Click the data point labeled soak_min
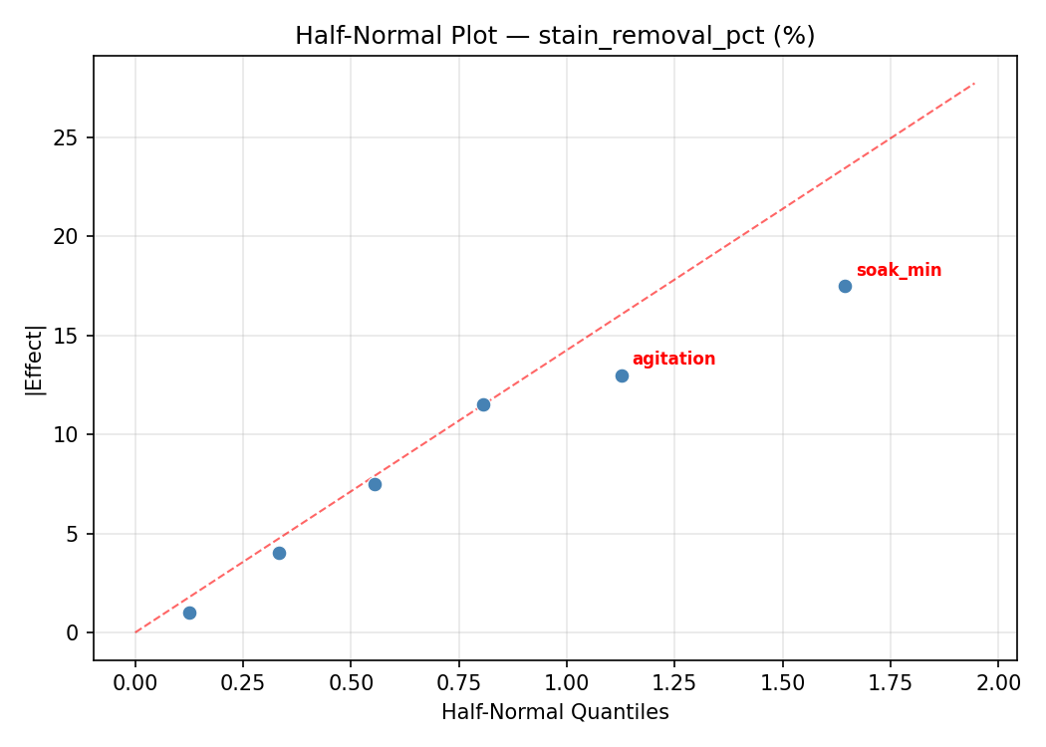coord(845,286)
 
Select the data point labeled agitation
coord(622,375)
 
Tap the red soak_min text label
coord(899,271)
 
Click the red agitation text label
coord(673,360)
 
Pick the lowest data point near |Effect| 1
coord(189,613)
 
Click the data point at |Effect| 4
coord(279,553)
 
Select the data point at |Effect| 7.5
coord(375,484)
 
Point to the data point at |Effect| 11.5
coord(483,404)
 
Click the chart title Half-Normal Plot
coord(555,36)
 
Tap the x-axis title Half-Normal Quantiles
coord(555,712)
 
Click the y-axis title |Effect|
coord(35,360)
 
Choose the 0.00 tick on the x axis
coord(135,682)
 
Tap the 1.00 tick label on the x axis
coord(566,682)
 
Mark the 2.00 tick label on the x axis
coord(997,682)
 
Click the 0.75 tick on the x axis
coord(458,682)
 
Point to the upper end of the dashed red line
coord(973,84)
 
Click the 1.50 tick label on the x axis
coord(782,682)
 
